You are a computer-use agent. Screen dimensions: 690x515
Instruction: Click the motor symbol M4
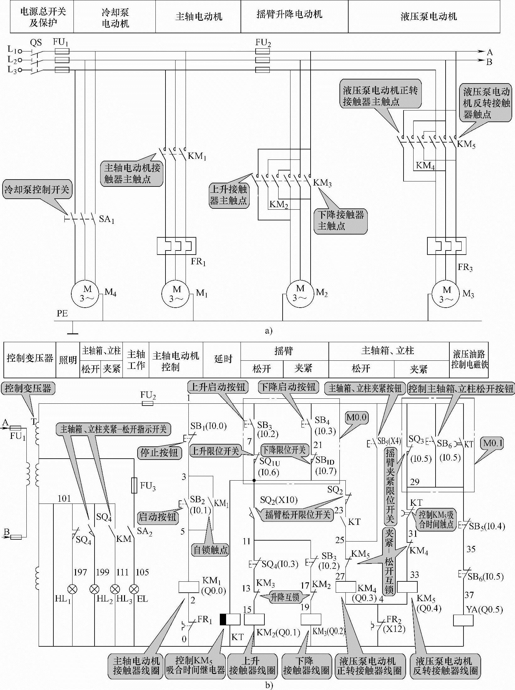point(84,294)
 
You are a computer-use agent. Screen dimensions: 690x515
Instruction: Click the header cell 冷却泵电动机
point(115,18)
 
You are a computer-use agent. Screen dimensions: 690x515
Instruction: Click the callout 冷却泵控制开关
point(37,190)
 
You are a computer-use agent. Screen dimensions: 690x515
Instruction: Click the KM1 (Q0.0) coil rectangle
point(189,587)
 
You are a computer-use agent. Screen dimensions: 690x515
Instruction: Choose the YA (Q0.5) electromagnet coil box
point(463,620)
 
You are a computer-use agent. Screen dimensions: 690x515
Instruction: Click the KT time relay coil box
point(230,620)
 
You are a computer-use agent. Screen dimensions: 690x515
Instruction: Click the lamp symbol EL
point(134,589)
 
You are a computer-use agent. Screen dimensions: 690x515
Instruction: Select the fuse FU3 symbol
point(134,486)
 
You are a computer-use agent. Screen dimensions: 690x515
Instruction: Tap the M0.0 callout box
point(357,418)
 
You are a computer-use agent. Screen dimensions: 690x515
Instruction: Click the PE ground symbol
point(73,330)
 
